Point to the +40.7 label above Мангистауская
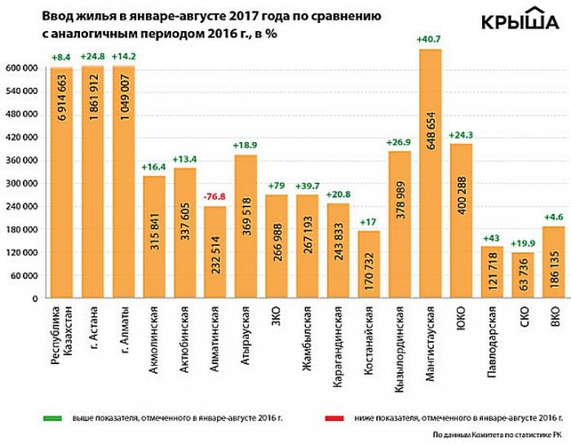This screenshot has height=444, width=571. [x=430, y=39]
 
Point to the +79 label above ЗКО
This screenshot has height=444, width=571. [x=277, y=186]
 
